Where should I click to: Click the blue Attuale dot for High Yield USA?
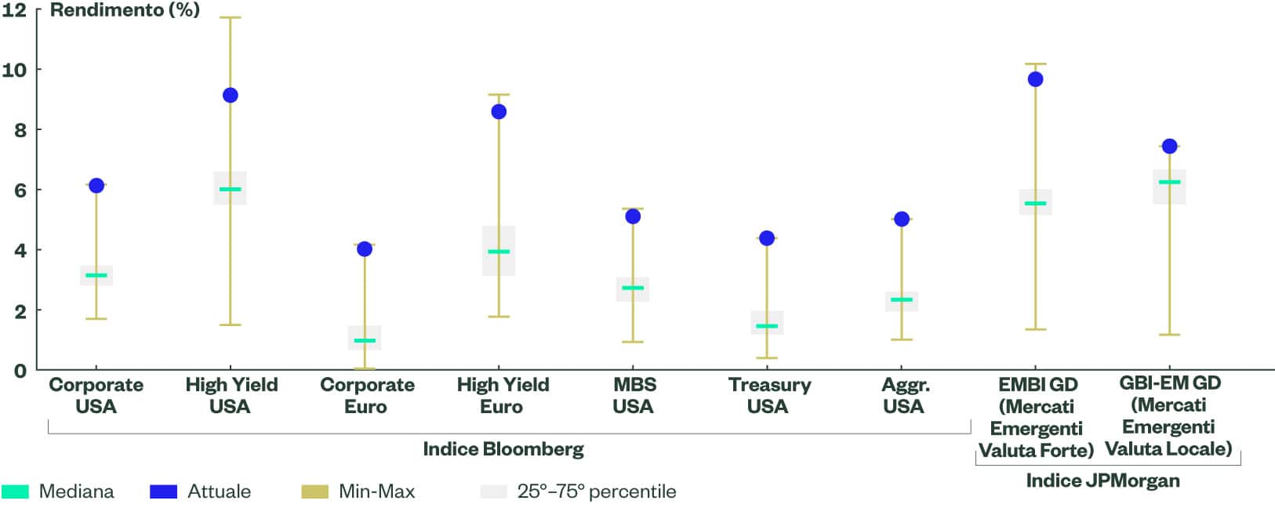point(230,96)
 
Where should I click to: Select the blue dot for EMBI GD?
point(1035,79)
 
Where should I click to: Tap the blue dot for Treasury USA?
point(767,238)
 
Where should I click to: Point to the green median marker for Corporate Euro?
point(365,341)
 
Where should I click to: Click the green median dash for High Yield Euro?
point(499,252)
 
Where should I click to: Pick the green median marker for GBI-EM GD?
point(1169,182)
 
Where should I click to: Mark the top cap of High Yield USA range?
point(230,17)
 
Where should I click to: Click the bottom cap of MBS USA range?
point(633,342)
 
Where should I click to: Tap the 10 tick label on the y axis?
point(14,70)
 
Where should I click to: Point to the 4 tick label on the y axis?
point(20,251)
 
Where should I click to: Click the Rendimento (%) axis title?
point(125,10)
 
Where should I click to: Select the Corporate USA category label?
point(96,395)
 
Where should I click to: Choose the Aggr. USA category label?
point(904,395)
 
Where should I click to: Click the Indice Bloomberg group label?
point(503,449)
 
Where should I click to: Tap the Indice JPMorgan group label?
point(1102,481)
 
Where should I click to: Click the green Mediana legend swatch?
point(16,492)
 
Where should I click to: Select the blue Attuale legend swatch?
point(163,492)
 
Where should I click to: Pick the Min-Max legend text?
point(376,492)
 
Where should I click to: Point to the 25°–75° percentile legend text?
point(596,492)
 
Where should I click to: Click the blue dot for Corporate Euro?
point(365,249)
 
